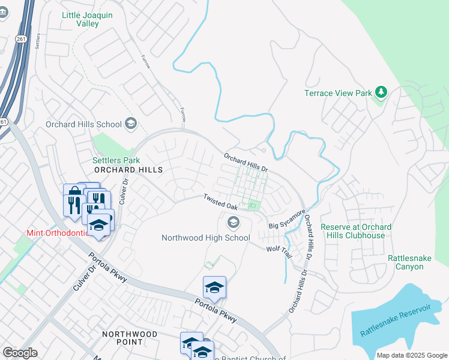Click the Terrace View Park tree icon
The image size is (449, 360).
click(379, 92)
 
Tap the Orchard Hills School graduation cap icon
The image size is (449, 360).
click(130, 124)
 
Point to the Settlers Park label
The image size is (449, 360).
click(116, 160)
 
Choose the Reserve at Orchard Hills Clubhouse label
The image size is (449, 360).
click(356, 231)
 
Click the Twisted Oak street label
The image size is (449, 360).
click(221, 202)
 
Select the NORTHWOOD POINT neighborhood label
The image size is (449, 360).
click(130, 338)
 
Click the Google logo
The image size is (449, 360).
click(20, 353)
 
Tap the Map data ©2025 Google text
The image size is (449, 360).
click(412, 355)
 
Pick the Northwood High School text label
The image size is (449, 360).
click(206, 238)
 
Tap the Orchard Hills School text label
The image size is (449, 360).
click(84, 124)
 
